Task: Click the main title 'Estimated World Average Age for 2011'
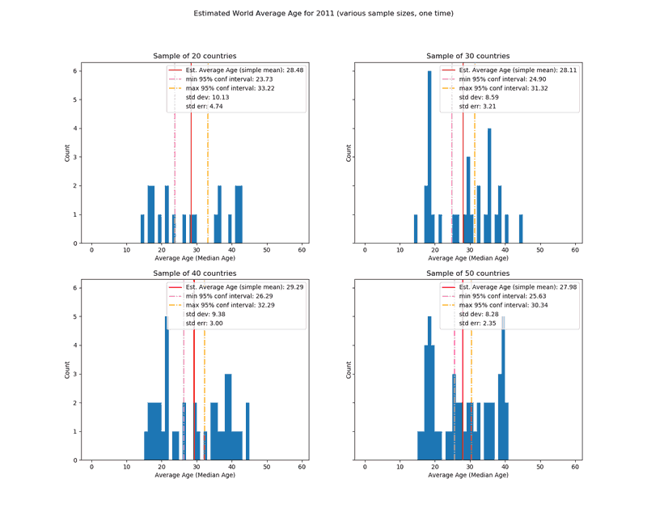tap(323, 14)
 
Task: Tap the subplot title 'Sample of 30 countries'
tap(468, 56)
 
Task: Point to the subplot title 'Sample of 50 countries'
tap(468, 273)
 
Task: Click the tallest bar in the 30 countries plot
tap(429, 157)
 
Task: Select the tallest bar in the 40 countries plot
tap(167, 388)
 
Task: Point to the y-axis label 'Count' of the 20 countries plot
tap(68, 153)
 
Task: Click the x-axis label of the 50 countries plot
tap(468, 475)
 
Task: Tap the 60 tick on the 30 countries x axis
tap(575, 250)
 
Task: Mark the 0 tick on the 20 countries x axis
tap(91, 250)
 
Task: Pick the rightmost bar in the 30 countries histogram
tap(521, 229)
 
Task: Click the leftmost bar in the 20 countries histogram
tap(142, 229)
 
